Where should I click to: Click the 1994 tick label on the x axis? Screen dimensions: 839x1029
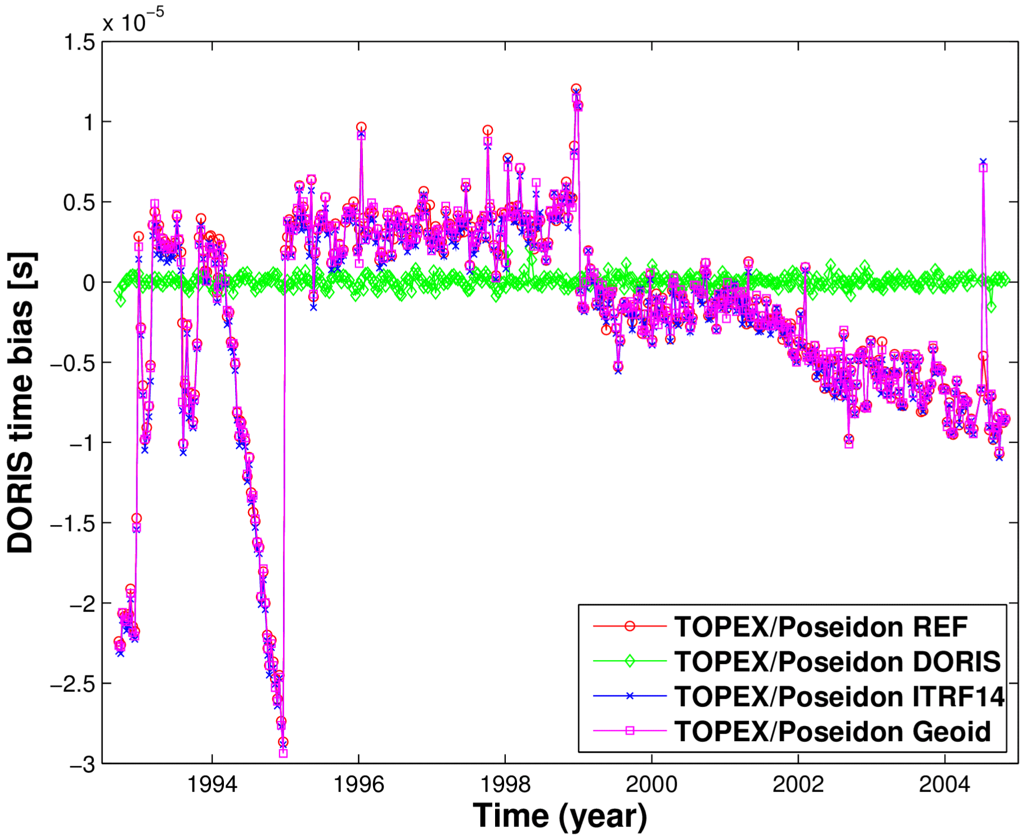212,784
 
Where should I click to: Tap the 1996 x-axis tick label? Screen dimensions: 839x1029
359,784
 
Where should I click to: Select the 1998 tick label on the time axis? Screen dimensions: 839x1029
505,784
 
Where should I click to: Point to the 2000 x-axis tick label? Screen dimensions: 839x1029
651,784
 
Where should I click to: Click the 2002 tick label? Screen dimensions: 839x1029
798,784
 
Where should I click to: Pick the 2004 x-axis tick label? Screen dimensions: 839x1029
945,784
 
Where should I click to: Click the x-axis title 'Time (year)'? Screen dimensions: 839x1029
560,816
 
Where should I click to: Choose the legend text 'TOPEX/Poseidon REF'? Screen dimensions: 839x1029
821,627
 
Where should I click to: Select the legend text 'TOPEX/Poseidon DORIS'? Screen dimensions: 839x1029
838,662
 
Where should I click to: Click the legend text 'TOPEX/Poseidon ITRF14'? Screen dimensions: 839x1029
839,697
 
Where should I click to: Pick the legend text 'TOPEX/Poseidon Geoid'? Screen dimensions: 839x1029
833,732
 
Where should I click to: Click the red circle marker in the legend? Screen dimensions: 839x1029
630,626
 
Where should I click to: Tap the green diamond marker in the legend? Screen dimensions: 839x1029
630,661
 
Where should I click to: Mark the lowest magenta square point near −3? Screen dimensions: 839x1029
284,753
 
